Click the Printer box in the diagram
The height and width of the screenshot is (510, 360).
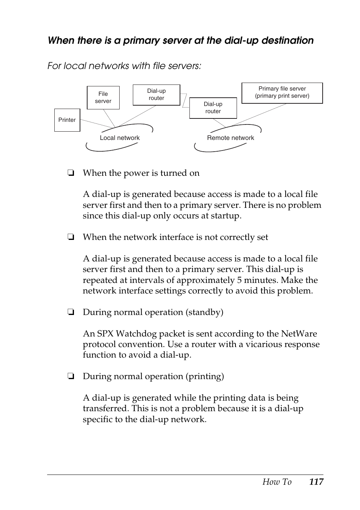tap(67, 120)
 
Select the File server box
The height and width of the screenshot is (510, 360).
tap(103, 98)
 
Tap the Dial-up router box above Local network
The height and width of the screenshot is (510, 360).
tap(156, 95)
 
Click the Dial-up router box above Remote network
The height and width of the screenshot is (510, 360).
tap(213, 108)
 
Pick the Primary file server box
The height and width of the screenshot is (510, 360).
tap(282, 92)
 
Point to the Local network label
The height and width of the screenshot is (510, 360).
tap(120, 138)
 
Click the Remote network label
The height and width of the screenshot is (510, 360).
tap(231, 138)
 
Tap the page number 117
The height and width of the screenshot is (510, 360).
tap(316, 482)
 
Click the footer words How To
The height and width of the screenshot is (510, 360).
tap(277, 482)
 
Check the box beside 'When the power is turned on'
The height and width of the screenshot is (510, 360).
tap(70, 173)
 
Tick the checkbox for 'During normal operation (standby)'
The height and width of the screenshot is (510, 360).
tap(70, 312)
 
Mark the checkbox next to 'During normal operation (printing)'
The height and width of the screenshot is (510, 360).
tap(70, 376)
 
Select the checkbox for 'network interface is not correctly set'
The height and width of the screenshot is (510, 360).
tap(70, 237)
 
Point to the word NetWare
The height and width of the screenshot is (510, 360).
tap(299, 334)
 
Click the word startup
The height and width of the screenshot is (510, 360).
tap(226, 216)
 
